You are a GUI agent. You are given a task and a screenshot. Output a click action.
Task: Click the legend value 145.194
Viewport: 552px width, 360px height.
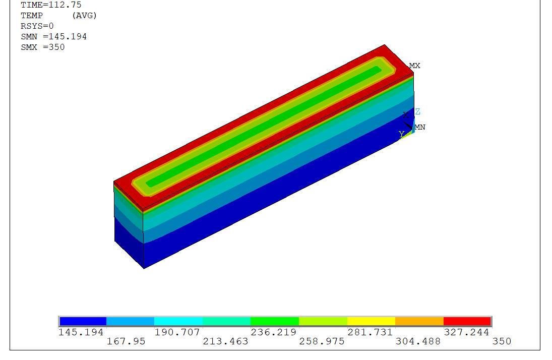click(x=81, y=332)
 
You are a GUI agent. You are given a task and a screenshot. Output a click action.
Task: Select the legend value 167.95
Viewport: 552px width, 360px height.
click(x=126, y=341)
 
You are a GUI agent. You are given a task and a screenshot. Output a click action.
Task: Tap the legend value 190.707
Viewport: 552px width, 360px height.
click(x=177, y=332)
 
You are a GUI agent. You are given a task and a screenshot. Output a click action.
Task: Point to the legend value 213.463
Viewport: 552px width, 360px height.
click(x=225, y=341)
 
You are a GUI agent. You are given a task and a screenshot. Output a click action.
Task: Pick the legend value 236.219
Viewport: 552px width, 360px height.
click(x=274, y=332)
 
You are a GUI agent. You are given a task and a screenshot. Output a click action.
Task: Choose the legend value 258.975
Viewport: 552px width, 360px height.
click(x=322, y=341)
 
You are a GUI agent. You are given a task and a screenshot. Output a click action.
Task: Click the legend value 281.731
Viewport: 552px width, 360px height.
click(x=370, y=332)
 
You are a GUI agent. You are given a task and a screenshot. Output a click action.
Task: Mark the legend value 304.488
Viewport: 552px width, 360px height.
click(x=418, y=341)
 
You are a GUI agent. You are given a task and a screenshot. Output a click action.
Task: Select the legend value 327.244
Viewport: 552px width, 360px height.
click(x=466, y=332)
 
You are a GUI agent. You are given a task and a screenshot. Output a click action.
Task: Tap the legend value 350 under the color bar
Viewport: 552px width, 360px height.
click(x=502, y=341)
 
